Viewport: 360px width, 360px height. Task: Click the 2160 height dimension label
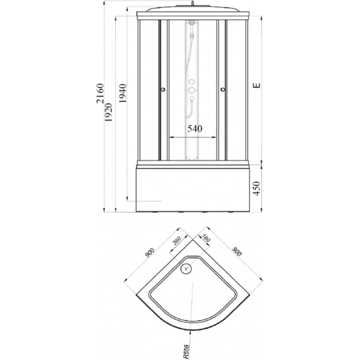(x=100, y=94)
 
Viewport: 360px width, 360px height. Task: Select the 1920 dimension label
(x=109, y=113)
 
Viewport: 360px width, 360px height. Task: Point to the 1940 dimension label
(x=122, y=93)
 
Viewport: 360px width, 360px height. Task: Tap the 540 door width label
(x=195, y=128)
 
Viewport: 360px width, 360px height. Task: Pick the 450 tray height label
(x=257, y=189)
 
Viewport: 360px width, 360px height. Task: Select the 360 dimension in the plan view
(x=177, y=241)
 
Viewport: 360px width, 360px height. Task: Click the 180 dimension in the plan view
(x=206, y=238)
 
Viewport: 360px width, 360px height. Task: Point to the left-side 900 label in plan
(x=149, y=253)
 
